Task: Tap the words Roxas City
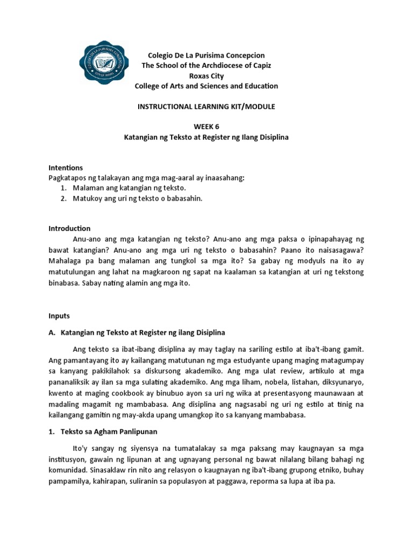[206, 76]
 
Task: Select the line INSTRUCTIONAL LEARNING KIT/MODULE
[206, 107]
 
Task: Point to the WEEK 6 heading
[206, 127]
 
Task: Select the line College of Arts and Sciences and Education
[206, 86]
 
